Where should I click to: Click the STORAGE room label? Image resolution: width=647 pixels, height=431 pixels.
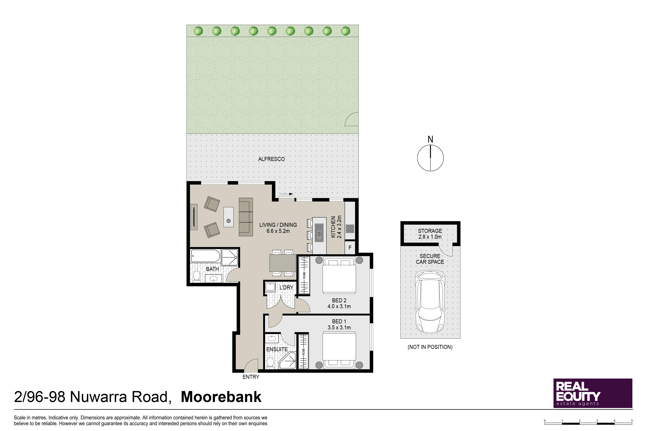tap(430, 231)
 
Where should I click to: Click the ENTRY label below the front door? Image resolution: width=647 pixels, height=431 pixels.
tap(251, 377)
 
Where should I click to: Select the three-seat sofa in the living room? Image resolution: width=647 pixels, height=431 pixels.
tap(246, 217)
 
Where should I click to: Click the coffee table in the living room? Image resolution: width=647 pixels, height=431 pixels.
tap(228, 217)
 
